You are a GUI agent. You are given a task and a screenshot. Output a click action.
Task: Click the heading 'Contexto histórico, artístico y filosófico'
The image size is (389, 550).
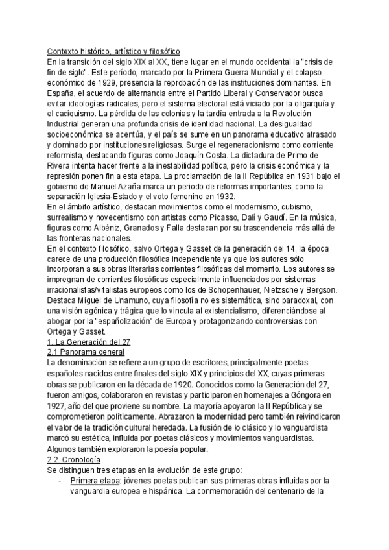click(x=113, y=51)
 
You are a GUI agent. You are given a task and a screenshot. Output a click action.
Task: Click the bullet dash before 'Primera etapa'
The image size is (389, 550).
click(x=60, y=481)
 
